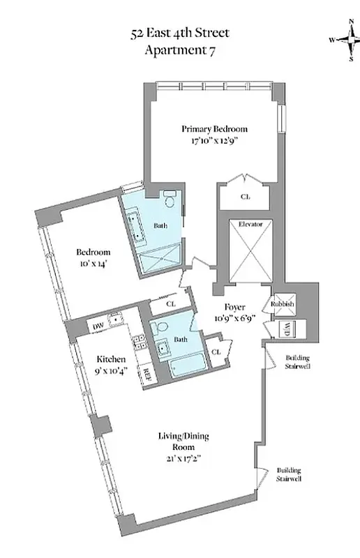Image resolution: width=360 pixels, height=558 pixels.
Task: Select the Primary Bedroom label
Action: pyautogui.click(x=214, y=129)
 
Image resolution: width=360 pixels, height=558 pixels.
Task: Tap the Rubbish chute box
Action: pyautogui.click(x=283, y=305)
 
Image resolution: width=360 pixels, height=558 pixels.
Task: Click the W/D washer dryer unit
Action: pyautogui.click(x=286, y=329)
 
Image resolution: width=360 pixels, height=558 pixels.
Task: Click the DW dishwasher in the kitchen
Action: pyautogui.click(x=98, y=326)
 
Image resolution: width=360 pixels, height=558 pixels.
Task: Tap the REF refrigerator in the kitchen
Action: pyautogui.click(x=147, y=372)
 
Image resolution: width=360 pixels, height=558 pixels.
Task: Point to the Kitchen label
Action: pyautogui.click(x=110, y=359)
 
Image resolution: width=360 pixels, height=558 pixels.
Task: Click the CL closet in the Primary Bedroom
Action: pyautogui.click(x=245, y=197)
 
